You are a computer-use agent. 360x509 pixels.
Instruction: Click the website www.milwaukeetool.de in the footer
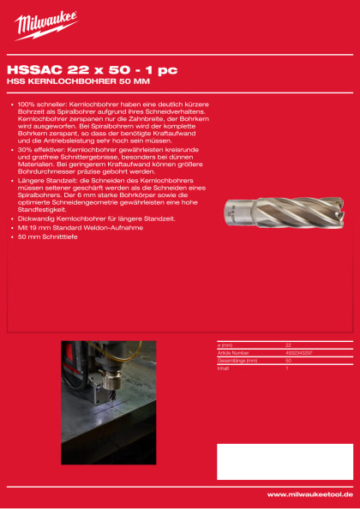[308, 494]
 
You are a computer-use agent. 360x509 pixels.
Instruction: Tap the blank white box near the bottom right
[284, 461]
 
